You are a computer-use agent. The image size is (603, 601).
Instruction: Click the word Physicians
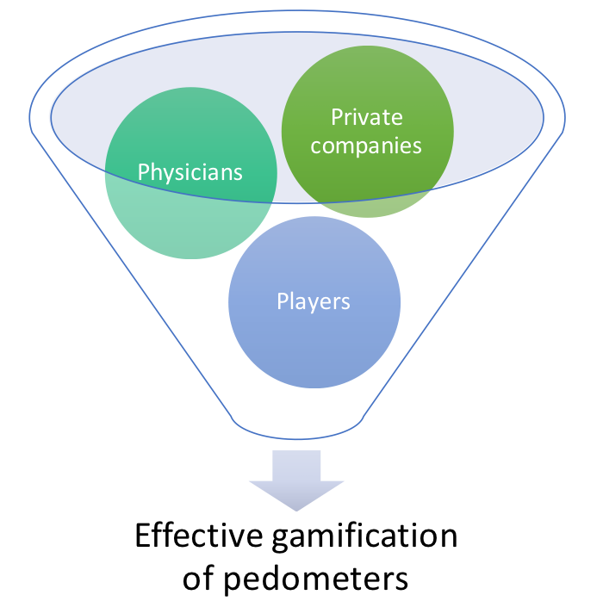pos(190,172)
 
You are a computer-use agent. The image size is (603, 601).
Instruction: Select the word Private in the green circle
pos(368,117)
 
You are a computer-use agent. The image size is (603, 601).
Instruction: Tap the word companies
pos(367,145)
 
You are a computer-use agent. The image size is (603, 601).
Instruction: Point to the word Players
pos(314,301)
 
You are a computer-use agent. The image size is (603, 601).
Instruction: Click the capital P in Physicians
pos(144,172)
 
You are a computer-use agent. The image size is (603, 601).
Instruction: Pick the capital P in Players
pos(283,301)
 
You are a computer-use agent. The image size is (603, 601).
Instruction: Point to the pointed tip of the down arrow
pos(296,508)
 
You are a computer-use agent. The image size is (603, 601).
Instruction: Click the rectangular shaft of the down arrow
pos(296,465)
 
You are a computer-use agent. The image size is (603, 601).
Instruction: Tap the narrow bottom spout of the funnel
pos(296,426)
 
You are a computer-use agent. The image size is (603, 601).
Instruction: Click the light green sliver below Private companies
pos(370,209)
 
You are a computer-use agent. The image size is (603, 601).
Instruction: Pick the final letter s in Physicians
pos(238,173)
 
